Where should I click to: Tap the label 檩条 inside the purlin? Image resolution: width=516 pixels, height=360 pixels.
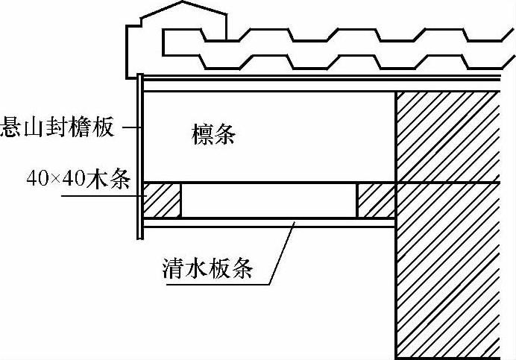[213, 135]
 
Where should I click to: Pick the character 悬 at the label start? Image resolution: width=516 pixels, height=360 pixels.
[11, 127]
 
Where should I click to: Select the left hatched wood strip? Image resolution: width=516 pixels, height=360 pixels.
[162, 200]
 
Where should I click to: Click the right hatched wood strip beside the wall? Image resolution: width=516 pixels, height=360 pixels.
[375, 200]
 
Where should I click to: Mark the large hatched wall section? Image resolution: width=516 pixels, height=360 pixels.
[447, 224]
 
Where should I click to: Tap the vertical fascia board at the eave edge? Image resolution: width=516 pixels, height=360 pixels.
[140, 157]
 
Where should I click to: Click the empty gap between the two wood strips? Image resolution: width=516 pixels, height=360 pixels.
[268, 200]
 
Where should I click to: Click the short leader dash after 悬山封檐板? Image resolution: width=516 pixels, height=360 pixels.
[129, 127]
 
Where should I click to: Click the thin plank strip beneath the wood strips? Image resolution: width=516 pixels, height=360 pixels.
[268, 223]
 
